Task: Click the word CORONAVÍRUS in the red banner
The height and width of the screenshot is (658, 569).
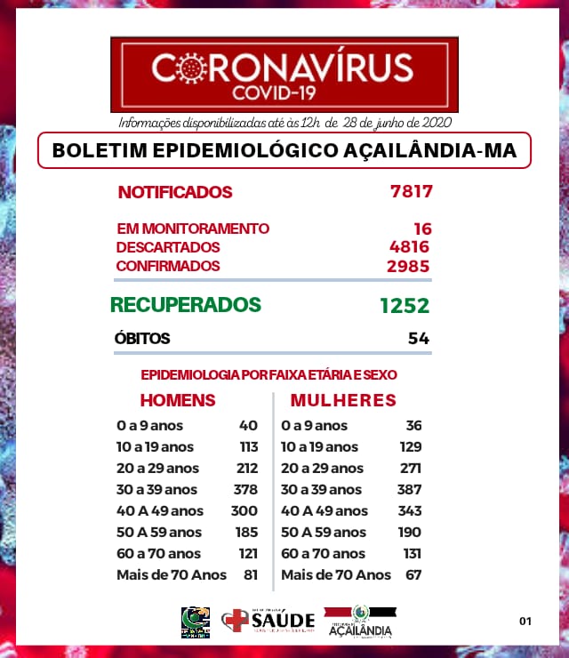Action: [x=283, y=67]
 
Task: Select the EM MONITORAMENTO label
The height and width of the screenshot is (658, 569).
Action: [x=192, y=229]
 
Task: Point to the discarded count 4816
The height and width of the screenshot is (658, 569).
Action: [x=410, y=247]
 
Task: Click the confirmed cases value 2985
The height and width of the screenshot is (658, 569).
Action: [x=409, y=266]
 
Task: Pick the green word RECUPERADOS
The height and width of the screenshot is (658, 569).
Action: [x=185, y=305]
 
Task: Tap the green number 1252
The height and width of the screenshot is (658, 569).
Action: [x=404, y=306]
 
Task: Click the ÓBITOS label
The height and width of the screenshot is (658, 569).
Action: [x=142, y=339]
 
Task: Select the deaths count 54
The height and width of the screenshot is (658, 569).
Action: [x=419, y=339]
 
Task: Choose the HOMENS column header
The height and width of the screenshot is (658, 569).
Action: [x=178, y=400]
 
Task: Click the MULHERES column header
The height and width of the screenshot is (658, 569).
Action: [x=343, y=400]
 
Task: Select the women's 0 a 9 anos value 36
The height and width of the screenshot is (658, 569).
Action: [x=412, y=425]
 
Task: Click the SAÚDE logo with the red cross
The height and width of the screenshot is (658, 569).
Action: [x=268, y=620]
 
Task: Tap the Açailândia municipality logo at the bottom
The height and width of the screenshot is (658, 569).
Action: [x=359, y=621]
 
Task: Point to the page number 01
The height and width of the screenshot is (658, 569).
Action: [x=525, y=621]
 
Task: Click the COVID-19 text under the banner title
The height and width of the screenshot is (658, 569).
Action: [x=284, y=92]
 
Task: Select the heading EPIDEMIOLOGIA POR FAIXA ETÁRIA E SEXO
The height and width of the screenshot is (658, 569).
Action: [x=268, y=375]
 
